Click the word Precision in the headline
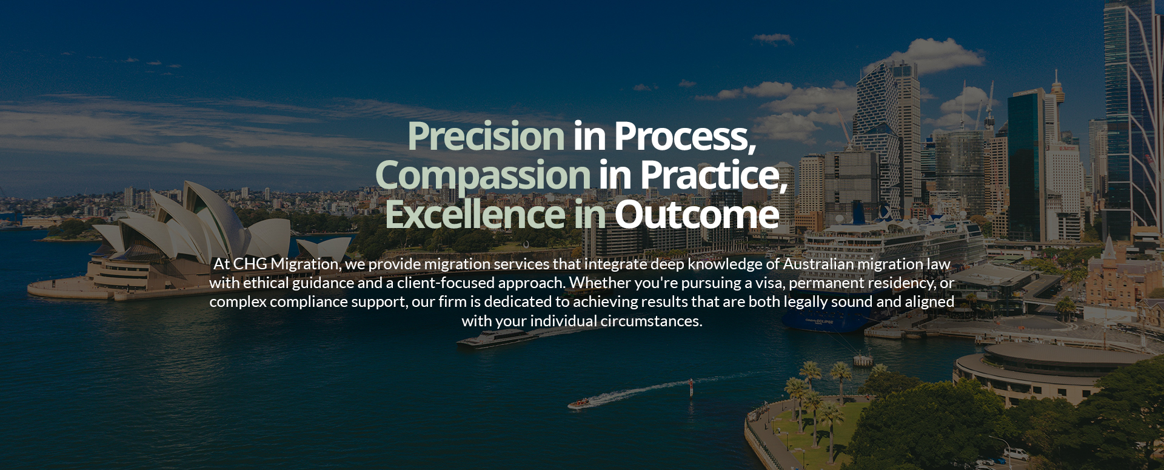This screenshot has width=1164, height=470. pyautogui.click(x=486, y=136)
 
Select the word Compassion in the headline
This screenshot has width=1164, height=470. pyautogui.click(x=483, y=175)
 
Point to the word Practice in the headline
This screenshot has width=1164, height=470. pyautogui.click(x=713, y=175)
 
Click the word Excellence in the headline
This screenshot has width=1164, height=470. pyautogui.click(x=475, y=214)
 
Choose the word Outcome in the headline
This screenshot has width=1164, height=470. pyautogui.click(x=697, y=214)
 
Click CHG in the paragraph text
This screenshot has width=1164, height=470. pyautogui.click(x=250, y=264)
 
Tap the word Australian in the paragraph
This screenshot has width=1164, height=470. pyautogui.click(x=818, y=264)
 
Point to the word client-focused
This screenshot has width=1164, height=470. pyautogui.click(x=446, y=283)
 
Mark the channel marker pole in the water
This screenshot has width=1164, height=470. pyautogui.click(x=691, y=387)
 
